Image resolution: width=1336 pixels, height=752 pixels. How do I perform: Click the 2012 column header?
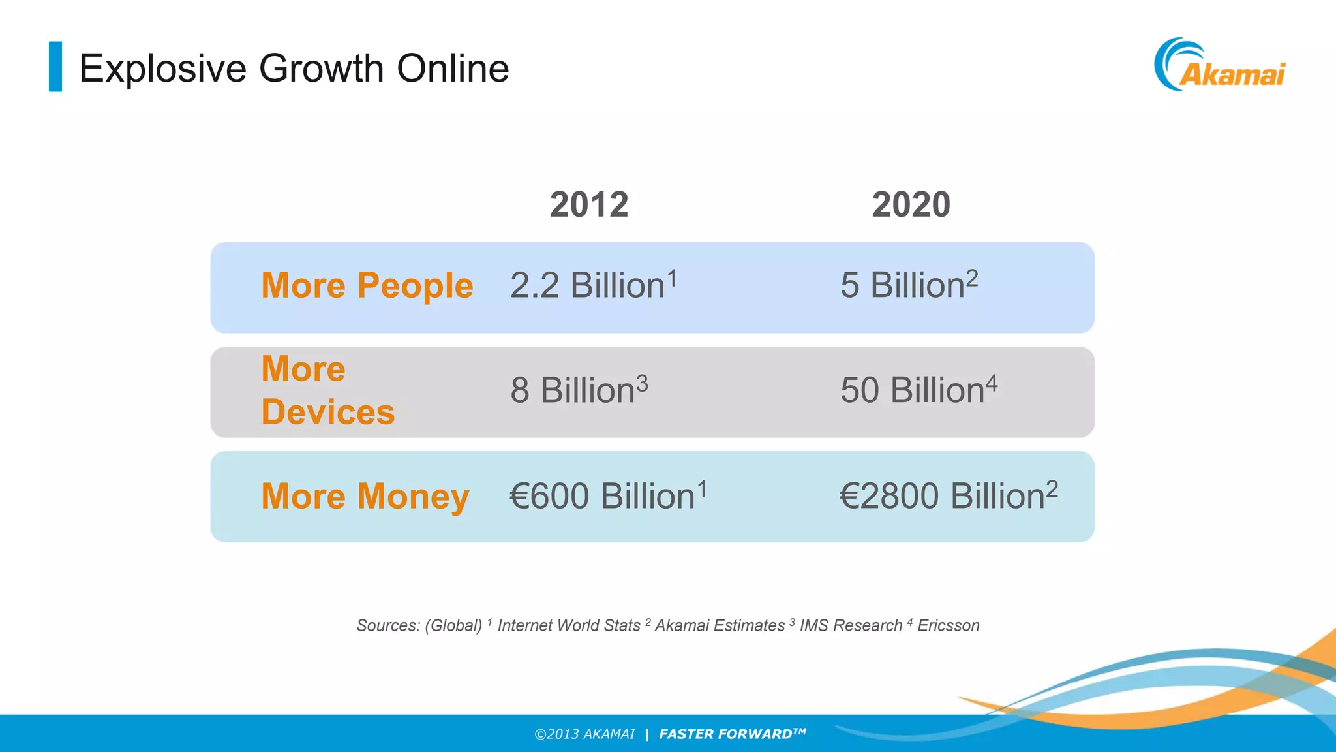coord(589,204)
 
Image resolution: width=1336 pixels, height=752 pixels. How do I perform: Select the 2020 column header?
coord(911,204)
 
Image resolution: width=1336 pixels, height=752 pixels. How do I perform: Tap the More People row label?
coord(367,286)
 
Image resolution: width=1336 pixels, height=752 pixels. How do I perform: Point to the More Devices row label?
coord(328,390)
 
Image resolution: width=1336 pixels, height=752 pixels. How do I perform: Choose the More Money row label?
coord(365,496)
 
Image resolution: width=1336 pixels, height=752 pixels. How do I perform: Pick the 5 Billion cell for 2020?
coord(909,286)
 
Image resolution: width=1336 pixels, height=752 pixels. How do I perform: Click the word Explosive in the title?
coord(163,69)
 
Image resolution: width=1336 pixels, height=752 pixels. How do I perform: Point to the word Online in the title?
coord(453,69)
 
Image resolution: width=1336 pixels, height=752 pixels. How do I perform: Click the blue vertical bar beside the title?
coord(55,67)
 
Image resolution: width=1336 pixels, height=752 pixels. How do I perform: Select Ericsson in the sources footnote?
coord(949,625)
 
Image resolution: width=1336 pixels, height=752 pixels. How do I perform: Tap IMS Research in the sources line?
coord(851,625)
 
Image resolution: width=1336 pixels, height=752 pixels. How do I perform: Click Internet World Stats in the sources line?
coord(569,625)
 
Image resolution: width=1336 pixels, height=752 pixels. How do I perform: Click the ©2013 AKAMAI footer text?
coord(584,734)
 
